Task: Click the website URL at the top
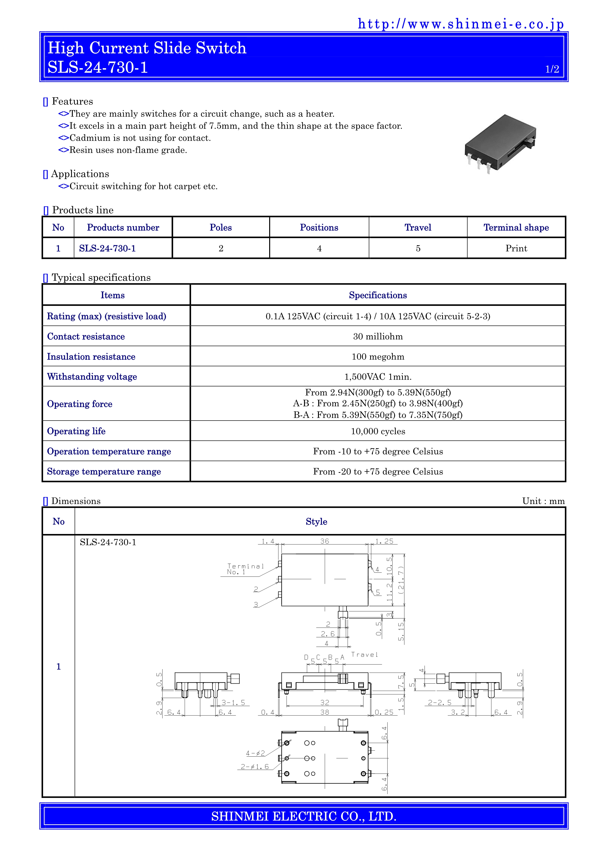point(461,24)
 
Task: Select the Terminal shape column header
point(516,227)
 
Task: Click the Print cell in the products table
point(516,248)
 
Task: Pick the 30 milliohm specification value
point(378,336)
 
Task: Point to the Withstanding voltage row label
point(92,377)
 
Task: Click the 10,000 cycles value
point(378,431)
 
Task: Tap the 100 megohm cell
point(378,357)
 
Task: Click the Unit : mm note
point(543,501)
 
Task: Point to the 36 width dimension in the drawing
point(325,541)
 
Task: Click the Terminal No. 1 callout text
point(245,569)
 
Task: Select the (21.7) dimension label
point(401,580)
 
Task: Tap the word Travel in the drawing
point(364,655)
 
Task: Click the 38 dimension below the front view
point(325,712)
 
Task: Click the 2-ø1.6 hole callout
point(255,767)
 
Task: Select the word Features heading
point(72,102)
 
